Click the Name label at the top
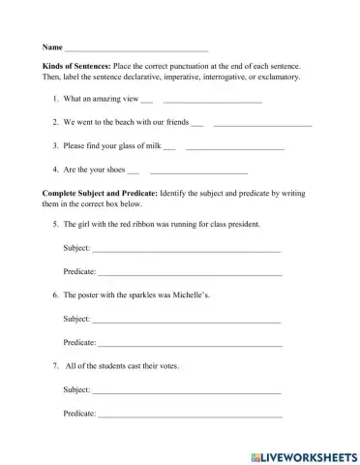(52, 46)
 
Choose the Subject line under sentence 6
(185, 320)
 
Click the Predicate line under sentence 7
(190, 416)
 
